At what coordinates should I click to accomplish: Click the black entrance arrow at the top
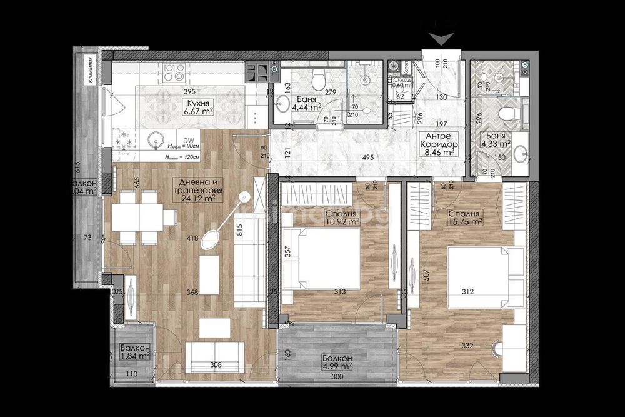pyautogui.click(x=442, y=39)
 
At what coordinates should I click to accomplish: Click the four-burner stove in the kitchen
pyautogui.click(x=174, y=73)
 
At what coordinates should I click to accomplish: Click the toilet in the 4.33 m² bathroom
pyautogui.click(x=507, y=113)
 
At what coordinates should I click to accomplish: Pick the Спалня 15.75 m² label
pyautogui.click(x=464, y=217)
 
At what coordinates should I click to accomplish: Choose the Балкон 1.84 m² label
pyautogui.click(x=134, y=352)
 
